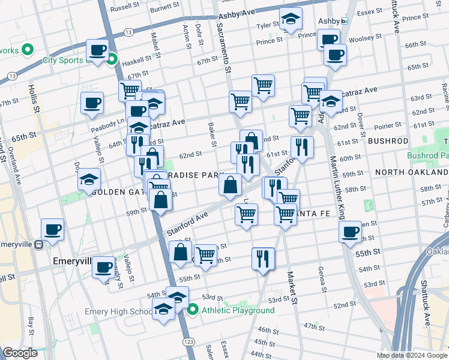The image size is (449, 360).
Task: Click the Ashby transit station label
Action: pos(329,20)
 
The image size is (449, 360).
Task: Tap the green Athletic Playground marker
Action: pos(193,310)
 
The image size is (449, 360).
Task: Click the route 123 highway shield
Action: pos(189,341)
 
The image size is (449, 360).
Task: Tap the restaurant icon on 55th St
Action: pos(263,259)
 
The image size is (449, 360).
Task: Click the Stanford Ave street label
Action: pos(187,222)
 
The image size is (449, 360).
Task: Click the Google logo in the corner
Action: pos(20,353)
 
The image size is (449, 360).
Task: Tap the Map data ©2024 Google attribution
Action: pos(412,355)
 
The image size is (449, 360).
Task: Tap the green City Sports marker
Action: pos(112,59)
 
